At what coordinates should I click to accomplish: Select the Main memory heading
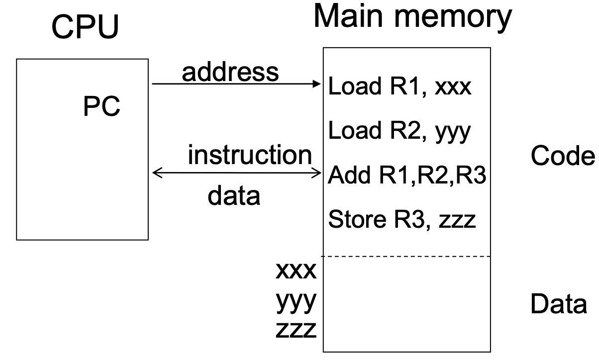point(412,17)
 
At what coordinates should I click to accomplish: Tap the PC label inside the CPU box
point(101,107)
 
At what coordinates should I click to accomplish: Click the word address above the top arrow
point(230,72)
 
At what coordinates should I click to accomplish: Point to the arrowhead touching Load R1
point(318,84)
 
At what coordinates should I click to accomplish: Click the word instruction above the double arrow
point(249,156)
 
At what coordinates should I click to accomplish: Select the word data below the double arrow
point(233,196)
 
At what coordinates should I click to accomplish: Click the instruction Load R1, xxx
point(399,88)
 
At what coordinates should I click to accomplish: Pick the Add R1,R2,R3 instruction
point(406,177)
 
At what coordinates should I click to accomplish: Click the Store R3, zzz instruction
point(402,220)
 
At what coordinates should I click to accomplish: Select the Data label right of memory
point(558,304)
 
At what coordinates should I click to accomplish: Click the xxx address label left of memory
point(296,272)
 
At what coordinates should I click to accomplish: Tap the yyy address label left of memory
point(296,302)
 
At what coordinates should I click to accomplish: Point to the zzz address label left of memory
point(296,330)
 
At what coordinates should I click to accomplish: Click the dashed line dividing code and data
point(406,257)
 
